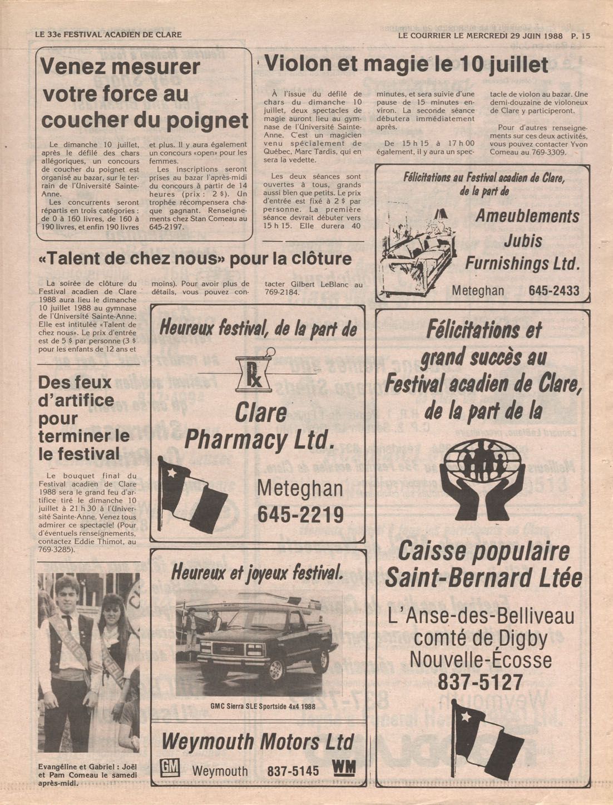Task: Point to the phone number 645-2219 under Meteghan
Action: pyautogui.click(x=300, y=515)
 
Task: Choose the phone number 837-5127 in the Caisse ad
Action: pyautogui.click(x=481, y=682)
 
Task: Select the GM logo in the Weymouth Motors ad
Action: pyautogui.click(x=170, y=768)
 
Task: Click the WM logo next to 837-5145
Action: pyautogui.click(x=343, y=768)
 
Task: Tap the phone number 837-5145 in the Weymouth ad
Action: pyautogui.click(x=293, y=771)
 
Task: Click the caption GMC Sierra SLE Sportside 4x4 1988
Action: pyautogui.click(x=263, y=706)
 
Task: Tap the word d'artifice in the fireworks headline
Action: pyautogui.click(x=76, y=400)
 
